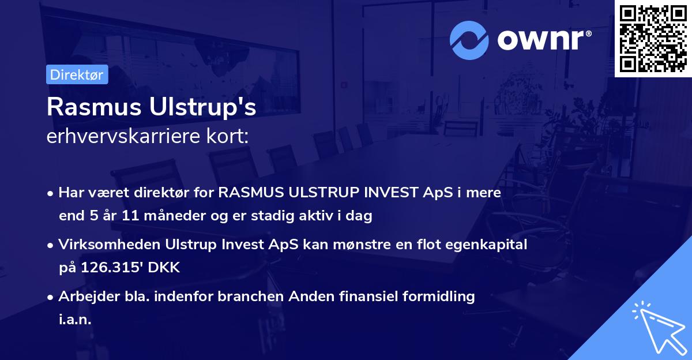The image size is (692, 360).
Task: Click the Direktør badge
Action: [77, 74]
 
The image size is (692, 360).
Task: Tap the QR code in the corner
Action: [653, 38]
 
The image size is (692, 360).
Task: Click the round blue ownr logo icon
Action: [469, 40]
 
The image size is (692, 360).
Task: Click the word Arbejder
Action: [84, 297]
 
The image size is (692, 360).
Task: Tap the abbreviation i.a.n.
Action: [75, 319]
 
